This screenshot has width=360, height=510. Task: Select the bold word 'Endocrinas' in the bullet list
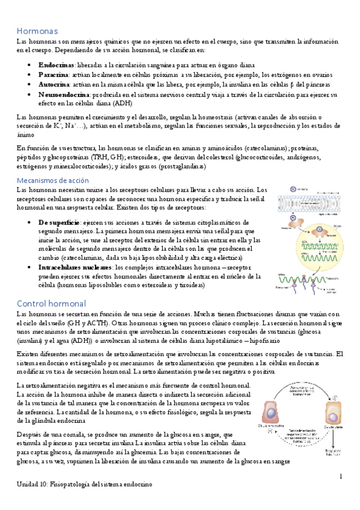[55, 64]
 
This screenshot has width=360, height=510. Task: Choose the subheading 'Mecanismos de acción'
[52, 180]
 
